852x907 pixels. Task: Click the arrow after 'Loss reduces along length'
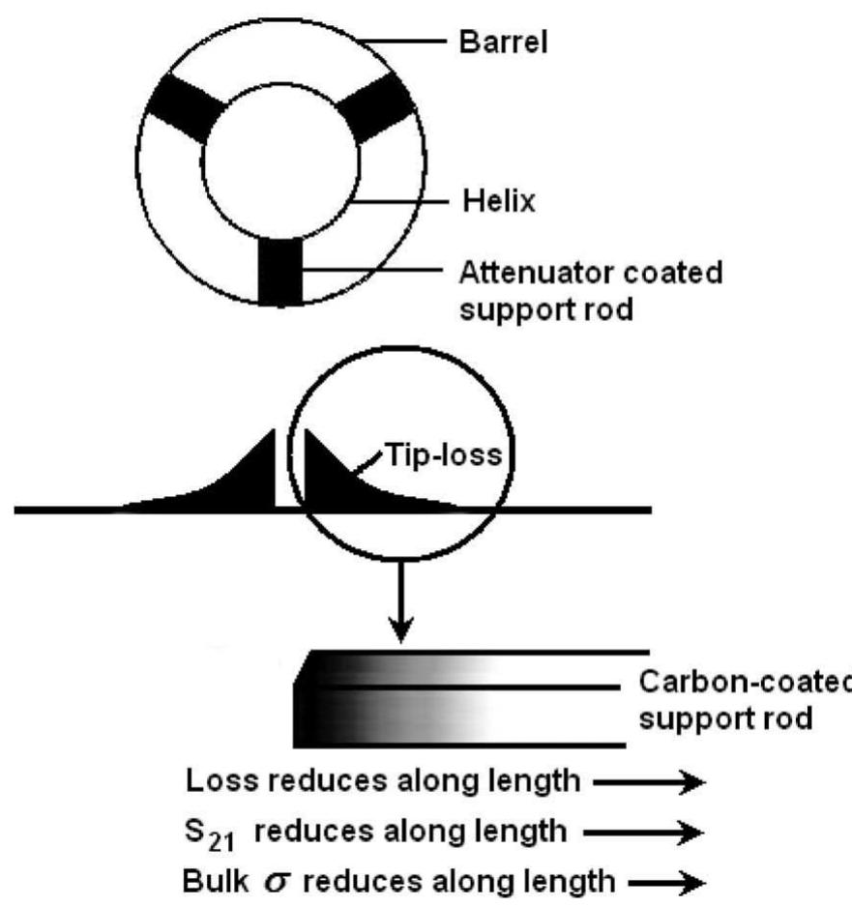[667, 784]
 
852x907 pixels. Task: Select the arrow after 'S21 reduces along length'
[667, 833]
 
